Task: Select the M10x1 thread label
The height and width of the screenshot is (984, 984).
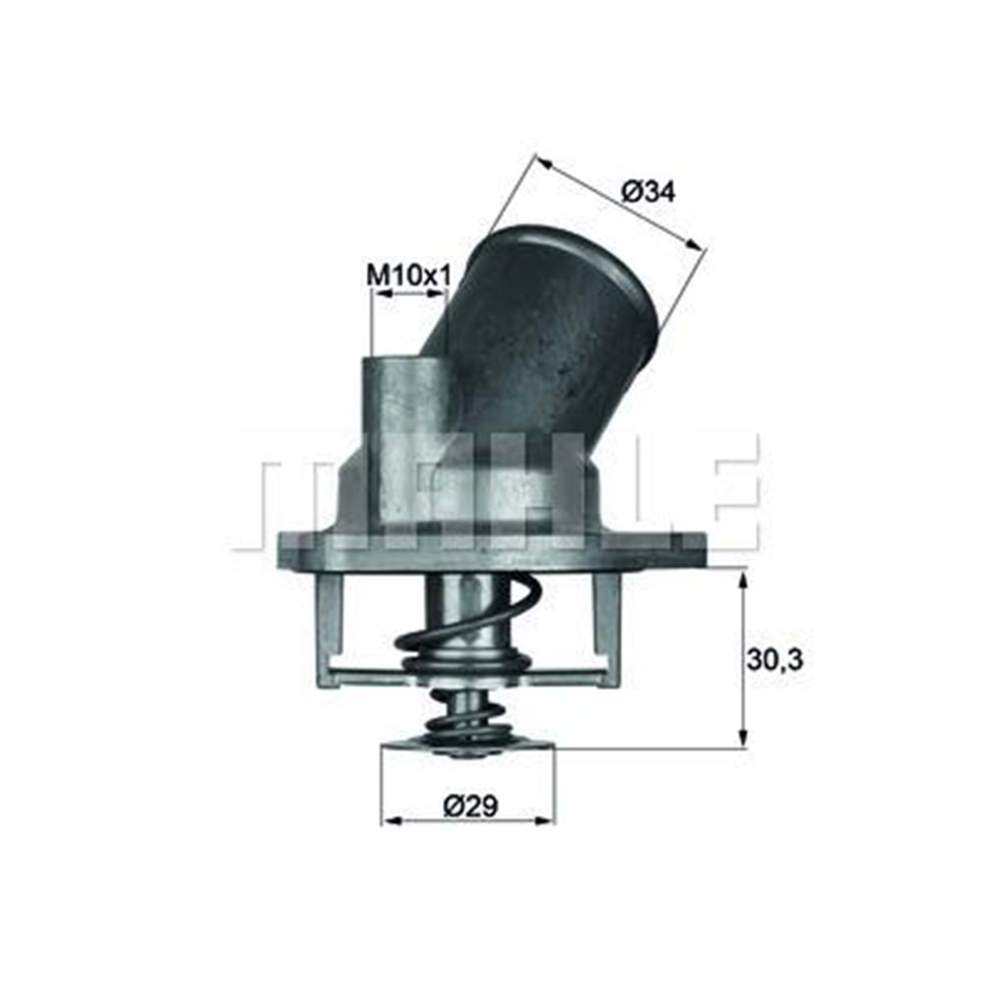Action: pyautogui.click(x=407, y=276)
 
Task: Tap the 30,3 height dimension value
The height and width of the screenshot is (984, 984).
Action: pyautogui.click(x=774, y=659)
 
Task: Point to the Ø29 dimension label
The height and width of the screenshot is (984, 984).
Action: pyautogui.click(x=470, y=807)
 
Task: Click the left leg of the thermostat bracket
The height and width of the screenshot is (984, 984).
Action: pyautogui.click(x=329, y=630)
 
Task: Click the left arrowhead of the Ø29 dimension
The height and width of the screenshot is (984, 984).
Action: pyautogui.click(x=390, y=819)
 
